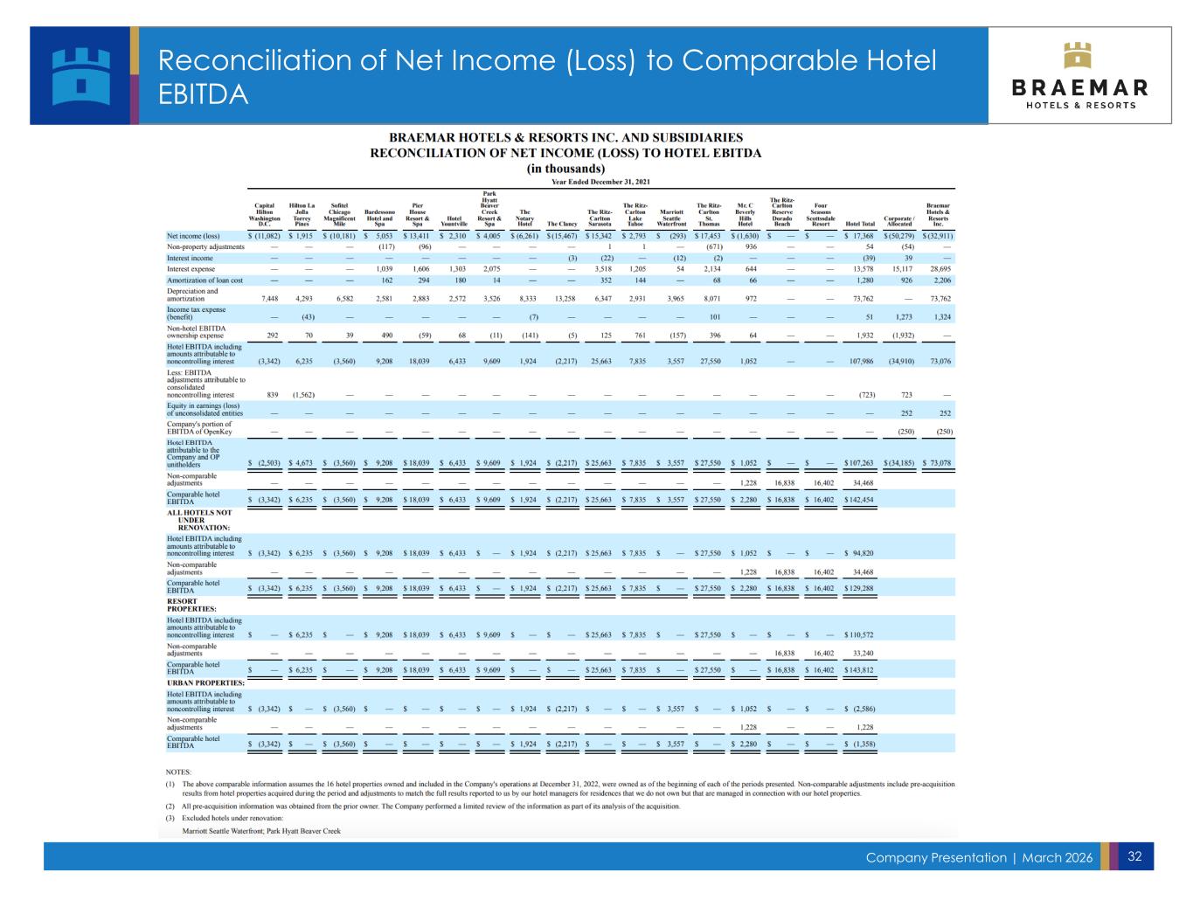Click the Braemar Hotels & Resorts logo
[1079, 75]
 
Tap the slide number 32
[1134, 856]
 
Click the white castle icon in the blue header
[81, 75]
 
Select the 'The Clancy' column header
[561, 224]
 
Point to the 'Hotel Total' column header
[860, 224]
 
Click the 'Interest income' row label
[190, 258]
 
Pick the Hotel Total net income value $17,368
[860, 236]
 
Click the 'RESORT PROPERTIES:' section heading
[191, 605]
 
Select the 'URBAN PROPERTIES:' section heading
[205, 682]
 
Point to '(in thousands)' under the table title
[565, 169]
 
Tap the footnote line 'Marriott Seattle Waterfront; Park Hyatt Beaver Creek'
[260, 830]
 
